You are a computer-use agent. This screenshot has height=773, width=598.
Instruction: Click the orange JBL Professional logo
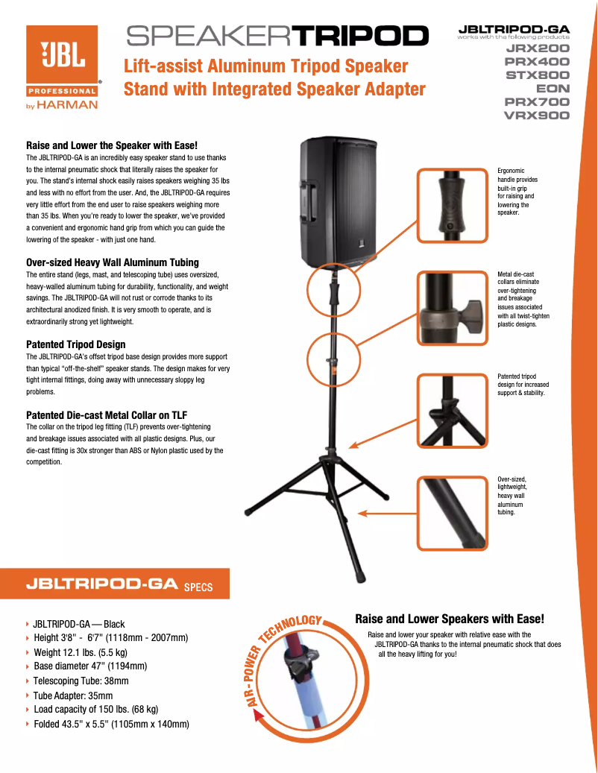click(62, 60)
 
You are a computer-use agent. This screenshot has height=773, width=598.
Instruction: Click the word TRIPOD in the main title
click(360, 36)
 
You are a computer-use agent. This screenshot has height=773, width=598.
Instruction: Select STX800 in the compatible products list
click(538, 75)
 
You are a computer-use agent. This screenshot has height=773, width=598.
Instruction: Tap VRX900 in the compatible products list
click(537, 116)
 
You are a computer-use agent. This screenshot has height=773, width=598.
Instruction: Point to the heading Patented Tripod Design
click(76, 344)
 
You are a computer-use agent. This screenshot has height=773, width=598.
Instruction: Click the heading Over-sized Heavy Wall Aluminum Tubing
click(113, 262)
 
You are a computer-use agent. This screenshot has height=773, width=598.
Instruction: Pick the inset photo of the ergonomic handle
click(452, 205)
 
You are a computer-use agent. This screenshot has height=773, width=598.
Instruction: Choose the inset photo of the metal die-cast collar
click(452, 308)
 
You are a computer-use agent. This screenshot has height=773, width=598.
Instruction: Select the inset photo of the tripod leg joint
click(452, 411)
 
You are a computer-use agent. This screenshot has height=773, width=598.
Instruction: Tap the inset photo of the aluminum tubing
click(452, 513)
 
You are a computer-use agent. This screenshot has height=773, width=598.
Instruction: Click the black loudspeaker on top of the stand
click(339, 201)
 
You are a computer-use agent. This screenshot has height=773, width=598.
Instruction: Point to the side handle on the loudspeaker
click(306, 201)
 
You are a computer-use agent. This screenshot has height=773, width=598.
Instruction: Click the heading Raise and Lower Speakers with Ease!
click(450, 619)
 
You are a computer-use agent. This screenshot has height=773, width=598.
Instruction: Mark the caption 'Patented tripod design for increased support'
click(523, 385)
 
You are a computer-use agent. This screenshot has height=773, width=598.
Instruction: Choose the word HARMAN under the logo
click(68, 105)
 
